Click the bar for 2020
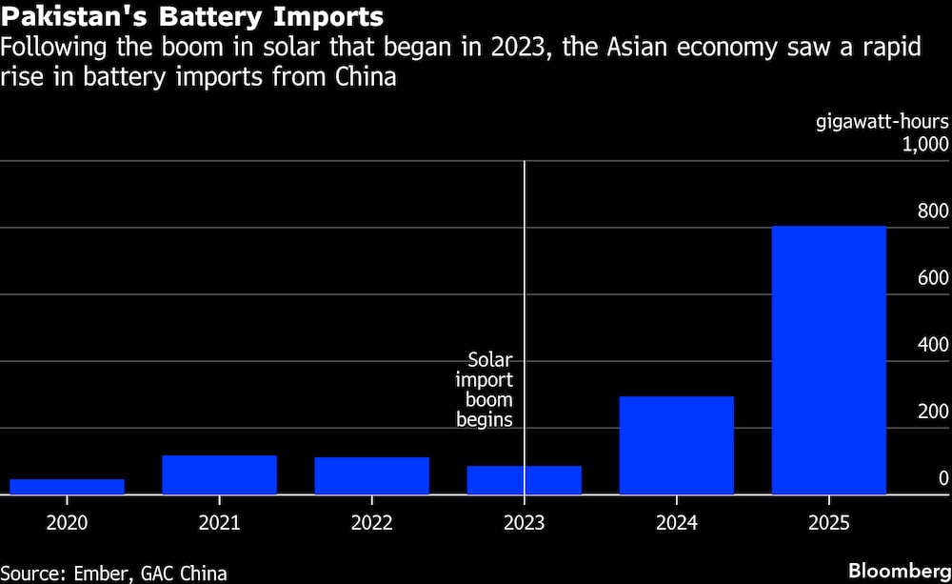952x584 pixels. click(67, 487)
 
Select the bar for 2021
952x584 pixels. click(219, 474)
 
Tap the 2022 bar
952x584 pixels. click(371, 475)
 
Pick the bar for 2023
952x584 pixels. click(524, 480)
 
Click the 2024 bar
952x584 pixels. click(676, 445)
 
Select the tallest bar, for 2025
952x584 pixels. click(828, 360)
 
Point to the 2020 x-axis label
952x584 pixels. click(67, 523)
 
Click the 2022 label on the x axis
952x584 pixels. click(371, 523)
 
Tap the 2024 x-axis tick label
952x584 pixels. click(676, 523)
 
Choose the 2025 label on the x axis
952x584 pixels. click(828, 523)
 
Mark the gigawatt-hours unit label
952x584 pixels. click(883, 122)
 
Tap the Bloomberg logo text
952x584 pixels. click(898, 571)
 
